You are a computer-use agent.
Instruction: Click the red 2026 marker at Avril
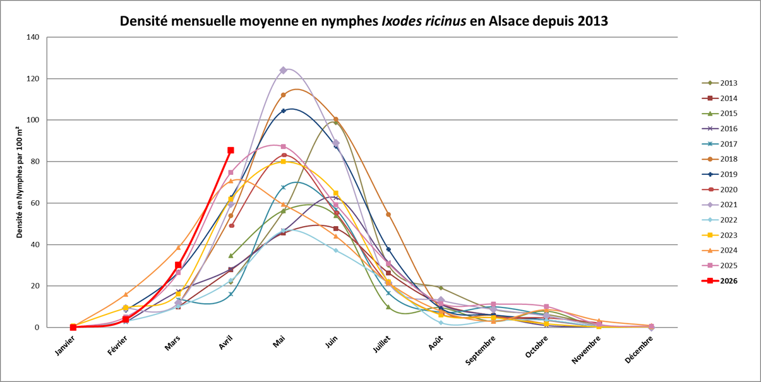231,150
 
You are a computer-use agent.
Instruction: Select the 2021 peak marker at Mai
283,70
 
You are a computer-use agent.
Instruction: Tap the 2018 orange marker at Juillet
388,215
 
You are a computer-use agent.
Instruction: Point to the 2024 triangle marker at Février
126,294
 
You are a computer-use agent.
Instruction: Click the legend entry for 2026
720,281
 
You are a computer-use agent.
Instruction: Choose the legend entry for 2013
720,83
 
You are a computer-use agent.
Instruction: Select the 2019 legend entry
720,174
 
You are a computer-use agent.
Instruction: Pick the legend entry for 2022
720,220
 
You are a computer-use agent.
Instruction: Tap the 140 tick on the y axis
32,37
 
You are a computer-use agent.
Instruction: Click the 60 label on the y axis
34,203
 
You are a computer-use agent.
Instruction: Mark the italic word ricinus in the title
445,20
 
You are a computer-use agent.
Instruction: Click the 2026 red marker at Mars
178,266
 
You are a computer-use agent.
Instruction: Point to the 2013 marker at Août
440,288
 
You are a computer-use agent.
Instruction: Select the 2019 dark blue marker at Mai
283,110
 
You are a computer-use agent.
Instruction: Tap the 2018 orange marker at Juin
335,119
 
